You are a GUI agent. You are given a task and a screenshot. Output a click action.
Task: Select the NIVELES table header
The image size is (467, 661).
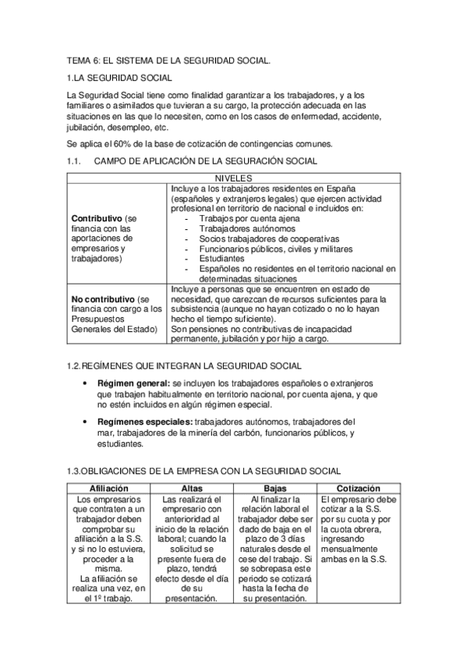tap(233, 178)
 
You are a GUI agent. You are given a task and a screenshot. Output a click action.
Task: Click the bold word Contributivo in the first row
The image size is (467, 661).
tap(97, 218)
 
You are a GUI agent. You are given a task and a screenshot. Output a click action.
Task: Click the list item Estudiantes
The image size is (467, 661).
tap(221, 258)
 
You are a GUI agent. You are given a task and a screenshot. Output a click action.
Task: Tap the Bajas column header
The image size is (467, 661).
tap(275, 487)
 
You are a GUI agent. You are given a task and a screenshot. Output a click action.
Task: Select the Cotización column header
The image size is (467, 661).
tap(359, 487)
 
